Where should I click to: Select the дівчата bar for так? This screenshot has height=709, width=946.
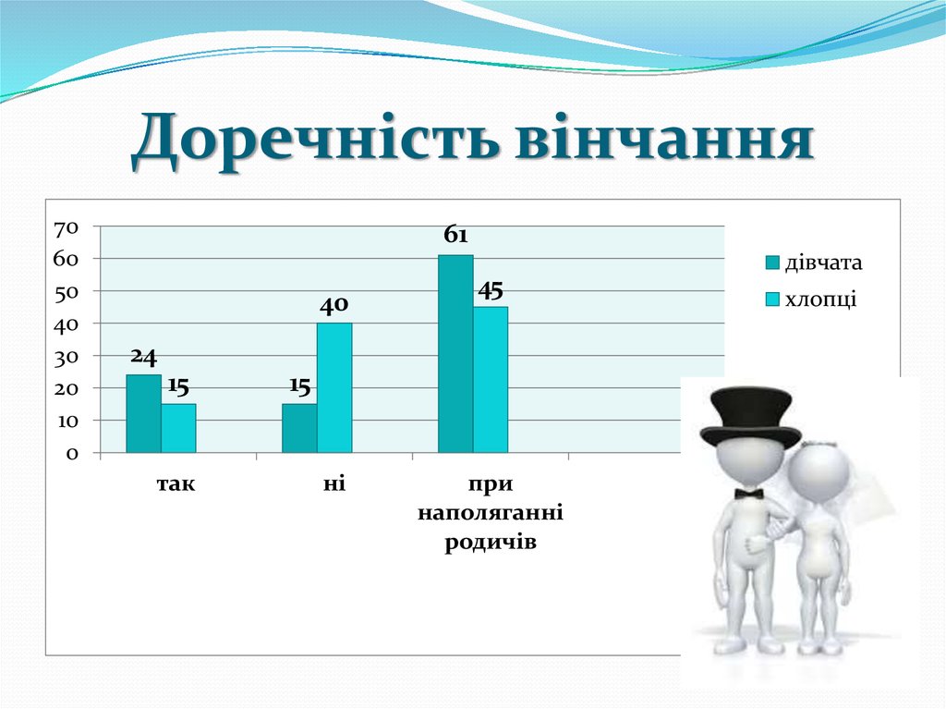(143, 414)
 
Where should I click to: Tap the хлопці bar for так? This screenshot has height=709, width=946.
(178, 429)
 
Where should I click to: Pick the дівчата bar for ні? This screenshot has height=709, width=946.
(299, 429)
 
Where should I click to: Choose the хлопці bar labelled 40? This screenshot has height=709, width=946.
(334, 388)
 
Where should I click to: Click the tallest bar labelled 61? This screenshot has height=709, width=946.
(455, 354)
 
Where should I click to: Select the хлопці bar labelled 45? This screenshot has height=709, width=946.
(491, 380)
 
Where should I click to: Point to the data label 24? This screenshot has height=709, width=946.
(143, 356)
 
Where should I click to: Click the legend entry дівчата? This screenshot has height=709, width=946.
(822, 263)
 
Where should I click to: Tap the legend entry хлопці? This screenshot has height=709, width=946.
(819, 299)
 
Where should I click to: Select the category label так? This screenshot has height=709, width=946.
(177, 483)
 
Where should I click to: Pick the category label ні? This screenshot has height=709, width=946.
(334, 483)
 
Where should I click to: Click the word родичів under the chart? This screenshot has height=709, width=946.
(491, 542)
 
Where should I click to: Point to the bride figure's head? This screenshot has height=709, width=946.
(819, 472)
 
